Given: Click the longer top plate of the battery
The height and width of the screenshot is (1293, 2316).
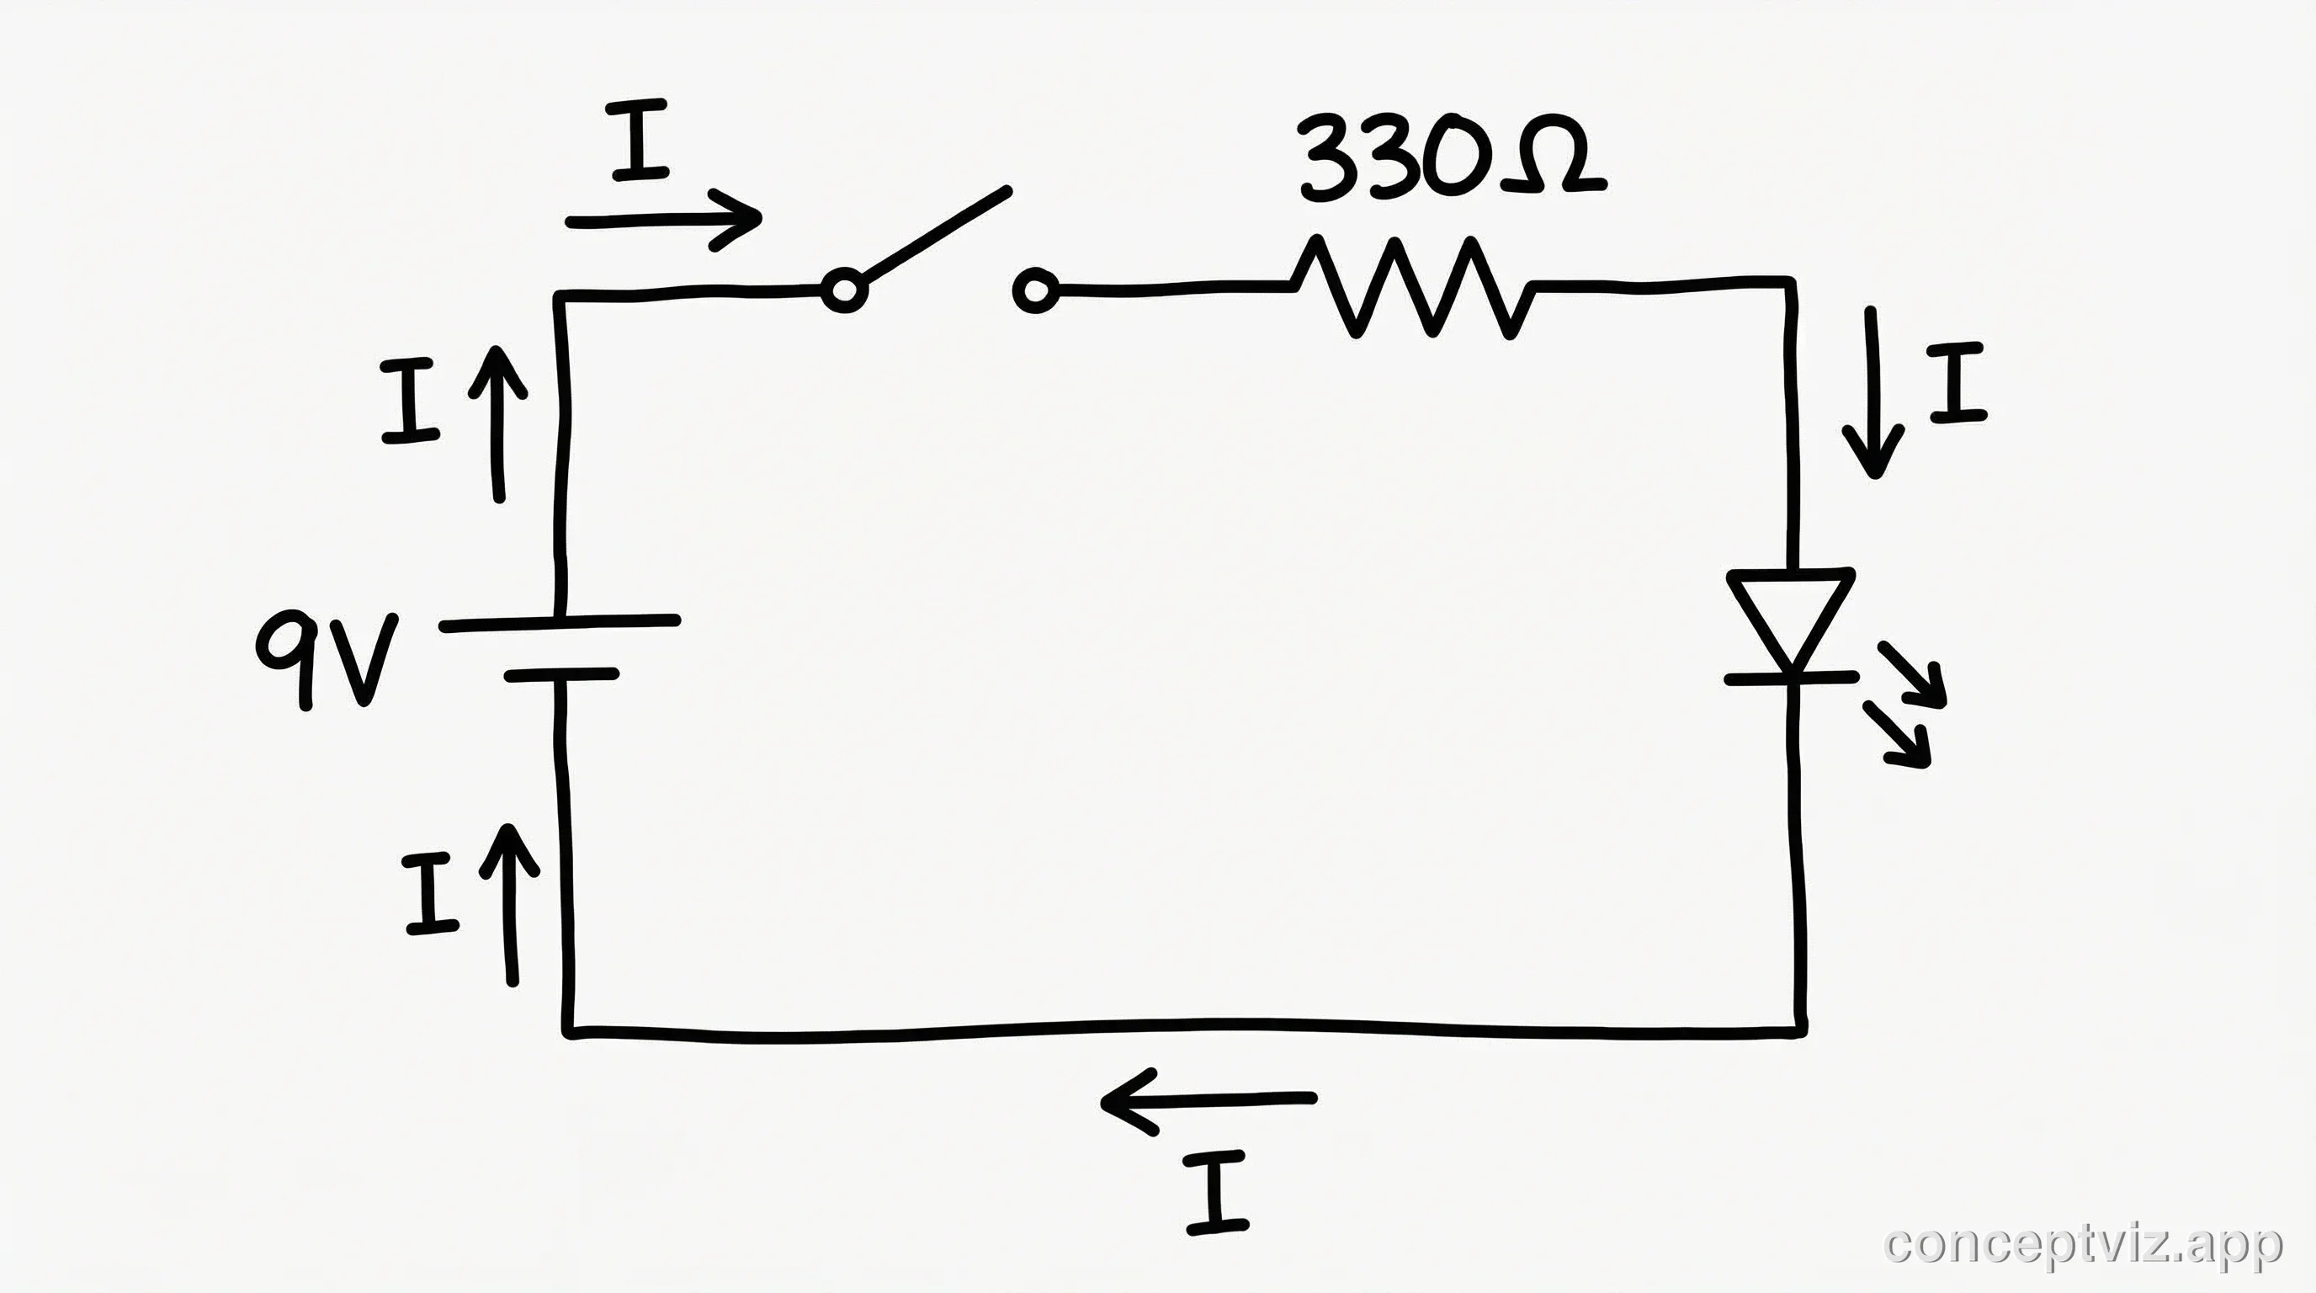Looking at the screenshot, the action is coord(559,623).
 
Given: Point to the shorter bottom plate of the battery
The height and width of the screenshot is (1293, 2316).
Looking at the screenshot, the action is coord(561,674).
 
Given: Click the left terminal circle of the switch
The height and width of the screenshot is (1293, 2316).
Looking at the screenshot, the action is coord(844,290).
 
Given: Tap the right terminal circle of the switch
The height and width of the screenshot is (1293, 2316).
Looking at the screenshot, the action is coord(1036,290).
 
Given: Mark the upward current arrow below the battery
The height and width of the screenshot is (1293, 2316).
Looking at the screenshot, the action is coord(511,903).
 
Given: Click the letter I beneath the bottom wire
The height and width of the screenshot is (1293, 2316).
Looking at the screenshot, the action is coord(1215,1192).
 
